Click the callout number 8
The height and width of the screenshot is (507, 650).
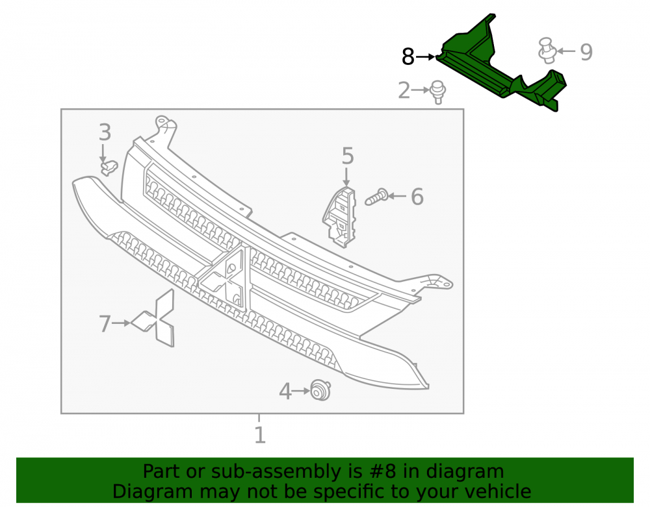pos(408,56)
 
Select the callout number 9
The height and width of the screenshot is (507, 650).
pos(586,52)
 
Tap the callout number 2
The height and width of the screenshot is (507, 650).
pos(404,90)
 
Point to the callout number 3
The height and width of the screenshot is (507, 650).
pos(105,132)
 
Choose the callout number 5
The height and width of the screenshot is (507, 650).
pos(347,156)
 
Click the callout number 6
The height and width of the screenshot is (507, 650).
pos(417,197)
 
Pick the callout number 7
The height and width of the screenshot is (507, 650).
pos(105,324)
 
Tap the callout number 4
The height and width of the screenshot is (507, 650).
pos(285,391)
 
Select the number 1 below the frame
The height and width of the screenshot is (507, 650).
pos(259,435)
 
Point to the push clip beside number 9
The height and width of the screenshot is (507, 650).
pos(547,51)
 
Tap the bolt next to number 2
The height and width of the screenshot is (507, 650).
pos(437,92)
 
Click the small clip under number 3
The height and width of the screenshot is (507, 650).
pos(109,167)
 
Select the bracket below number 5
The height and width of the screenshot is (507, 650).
pos(339,217)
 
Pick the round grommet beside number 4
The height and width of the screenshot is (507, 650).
pos(321,390)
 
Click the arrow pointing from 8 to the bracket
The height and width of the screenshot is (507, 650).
pos(425,56)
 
